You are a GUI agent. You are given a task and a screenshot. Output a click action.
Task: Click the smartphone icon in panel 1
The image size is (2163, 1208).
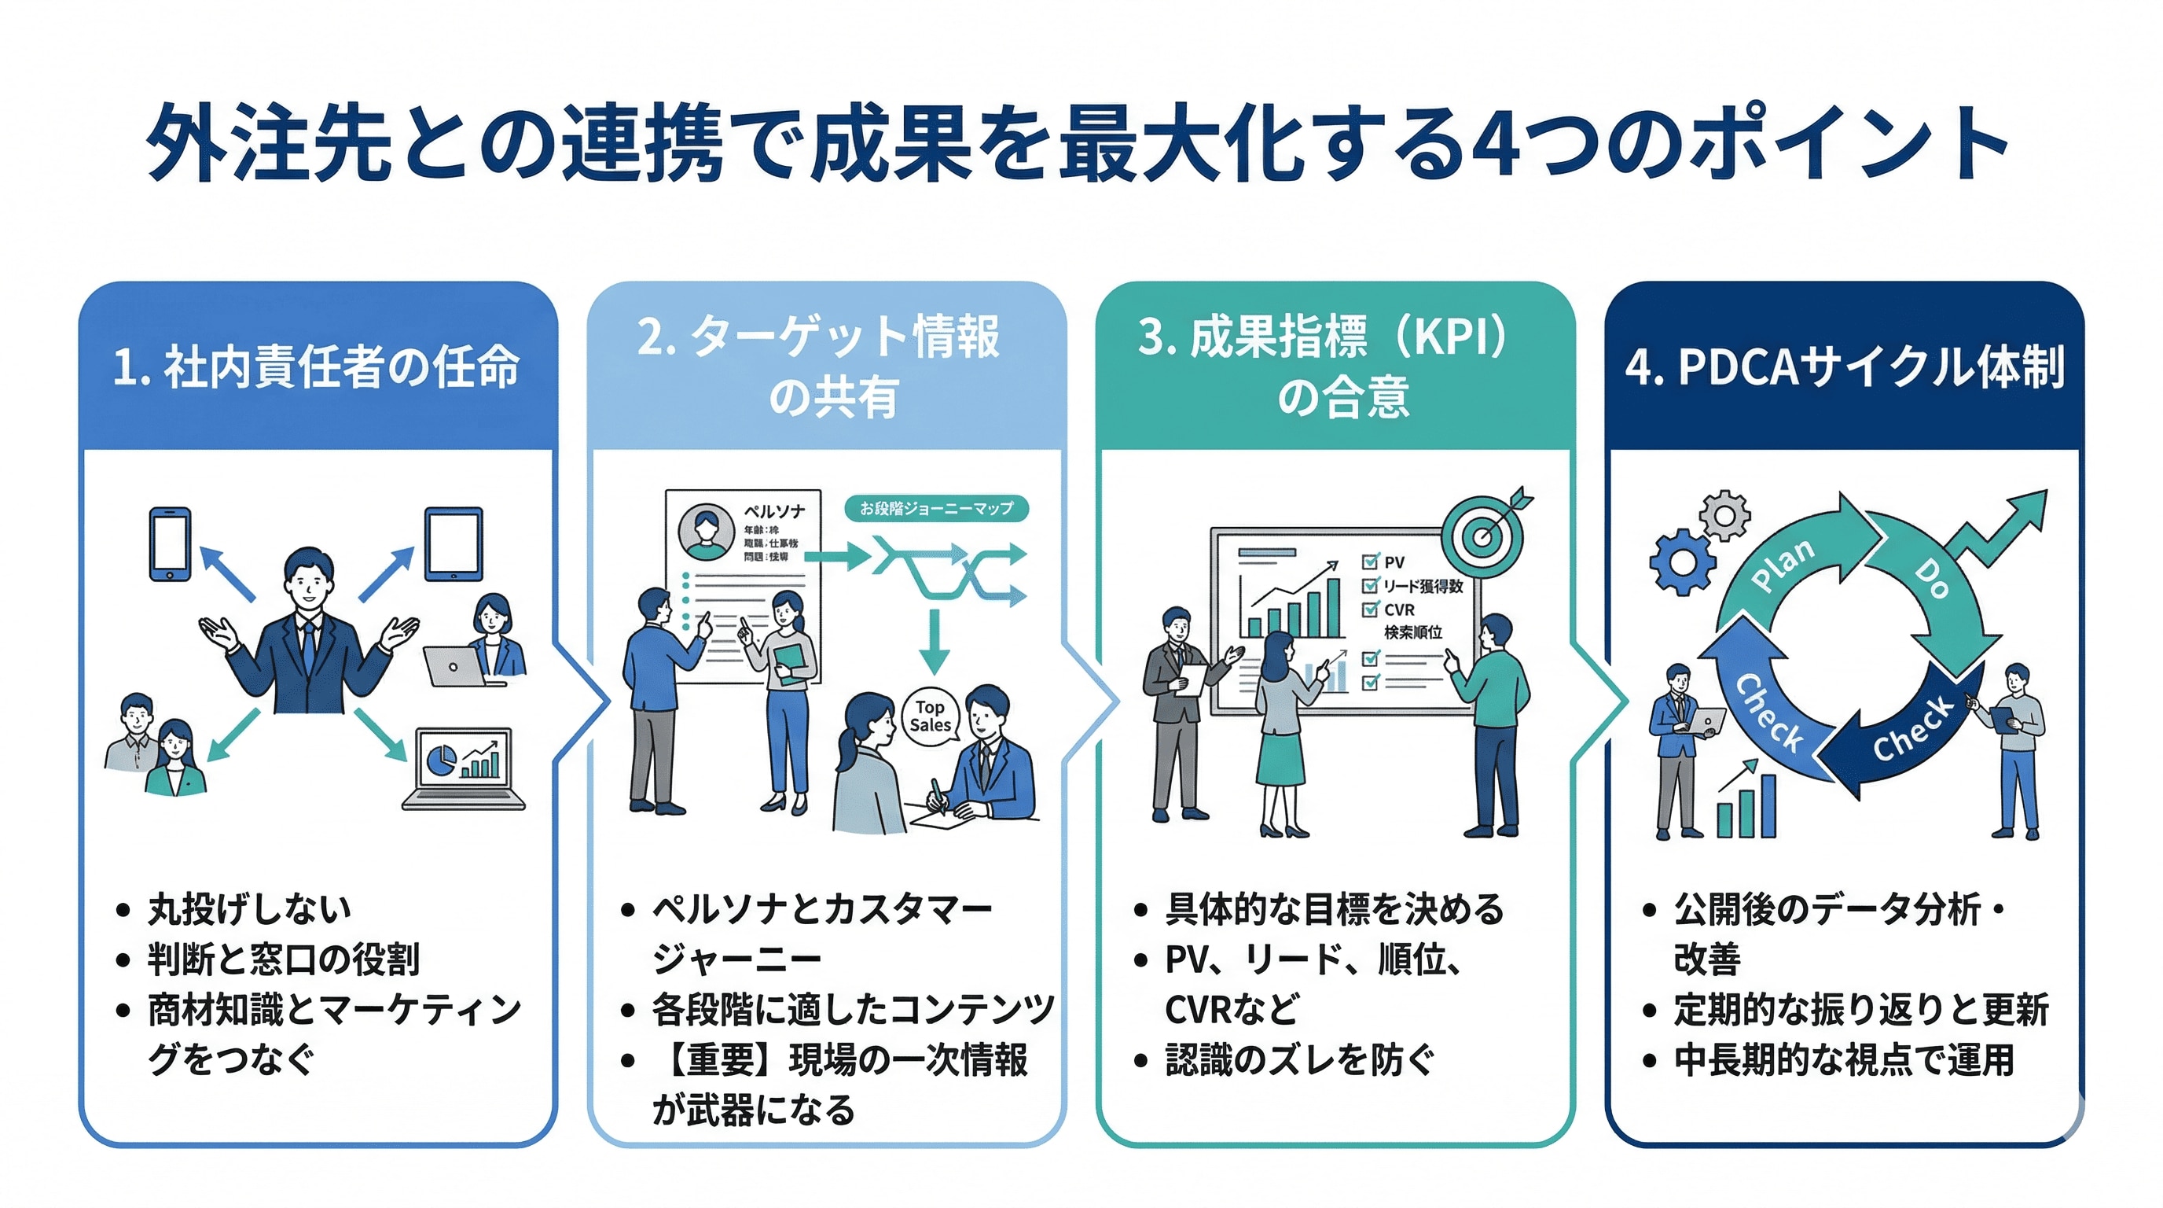(170, 543)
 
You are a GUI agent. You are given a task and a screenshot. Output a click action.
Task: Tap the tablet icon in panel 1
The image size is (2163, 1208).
(454, 543)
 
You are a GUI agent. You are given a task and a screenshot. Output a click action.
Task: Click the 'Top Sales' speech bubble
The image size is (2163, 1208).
(931, 716)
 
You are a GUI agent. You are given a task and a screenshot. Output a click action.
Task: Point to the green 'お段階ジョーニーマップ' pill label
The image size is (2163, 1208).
(936, 508)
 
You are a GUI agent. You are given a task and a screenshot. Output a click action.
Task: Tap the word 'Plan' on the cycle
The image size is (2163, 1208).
(1783, 564)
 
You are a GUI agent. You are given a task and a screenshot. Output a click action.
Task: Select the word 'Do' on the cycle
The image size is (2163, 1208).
(1931, 579)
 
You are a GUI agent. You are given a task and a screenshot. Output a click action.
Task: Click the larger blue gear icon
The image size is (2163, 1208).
(1682, 562)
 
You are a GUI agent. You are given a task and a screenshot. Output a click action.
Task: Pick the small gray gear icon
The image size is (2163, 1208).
(1724, 514)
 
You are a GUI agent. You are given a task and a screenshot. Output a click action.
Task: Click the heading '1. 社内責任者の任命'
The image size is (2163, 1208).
(316, 367)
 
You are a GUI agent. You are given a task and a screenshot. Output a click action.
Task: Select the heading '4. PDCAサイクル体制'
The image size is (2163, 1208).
(1844, 367)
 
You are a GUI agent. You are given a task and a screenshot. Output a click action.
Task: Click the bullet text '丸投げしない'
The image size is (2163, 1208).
(249, 909)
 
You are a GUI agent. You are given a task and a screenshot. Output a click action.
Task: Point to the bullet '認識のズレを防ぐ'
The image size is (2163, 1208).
(1300, 1060)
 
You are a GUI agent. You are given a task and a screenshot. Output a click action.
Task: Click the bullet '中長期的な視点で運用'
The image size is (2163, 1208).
(1844, 1060)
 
